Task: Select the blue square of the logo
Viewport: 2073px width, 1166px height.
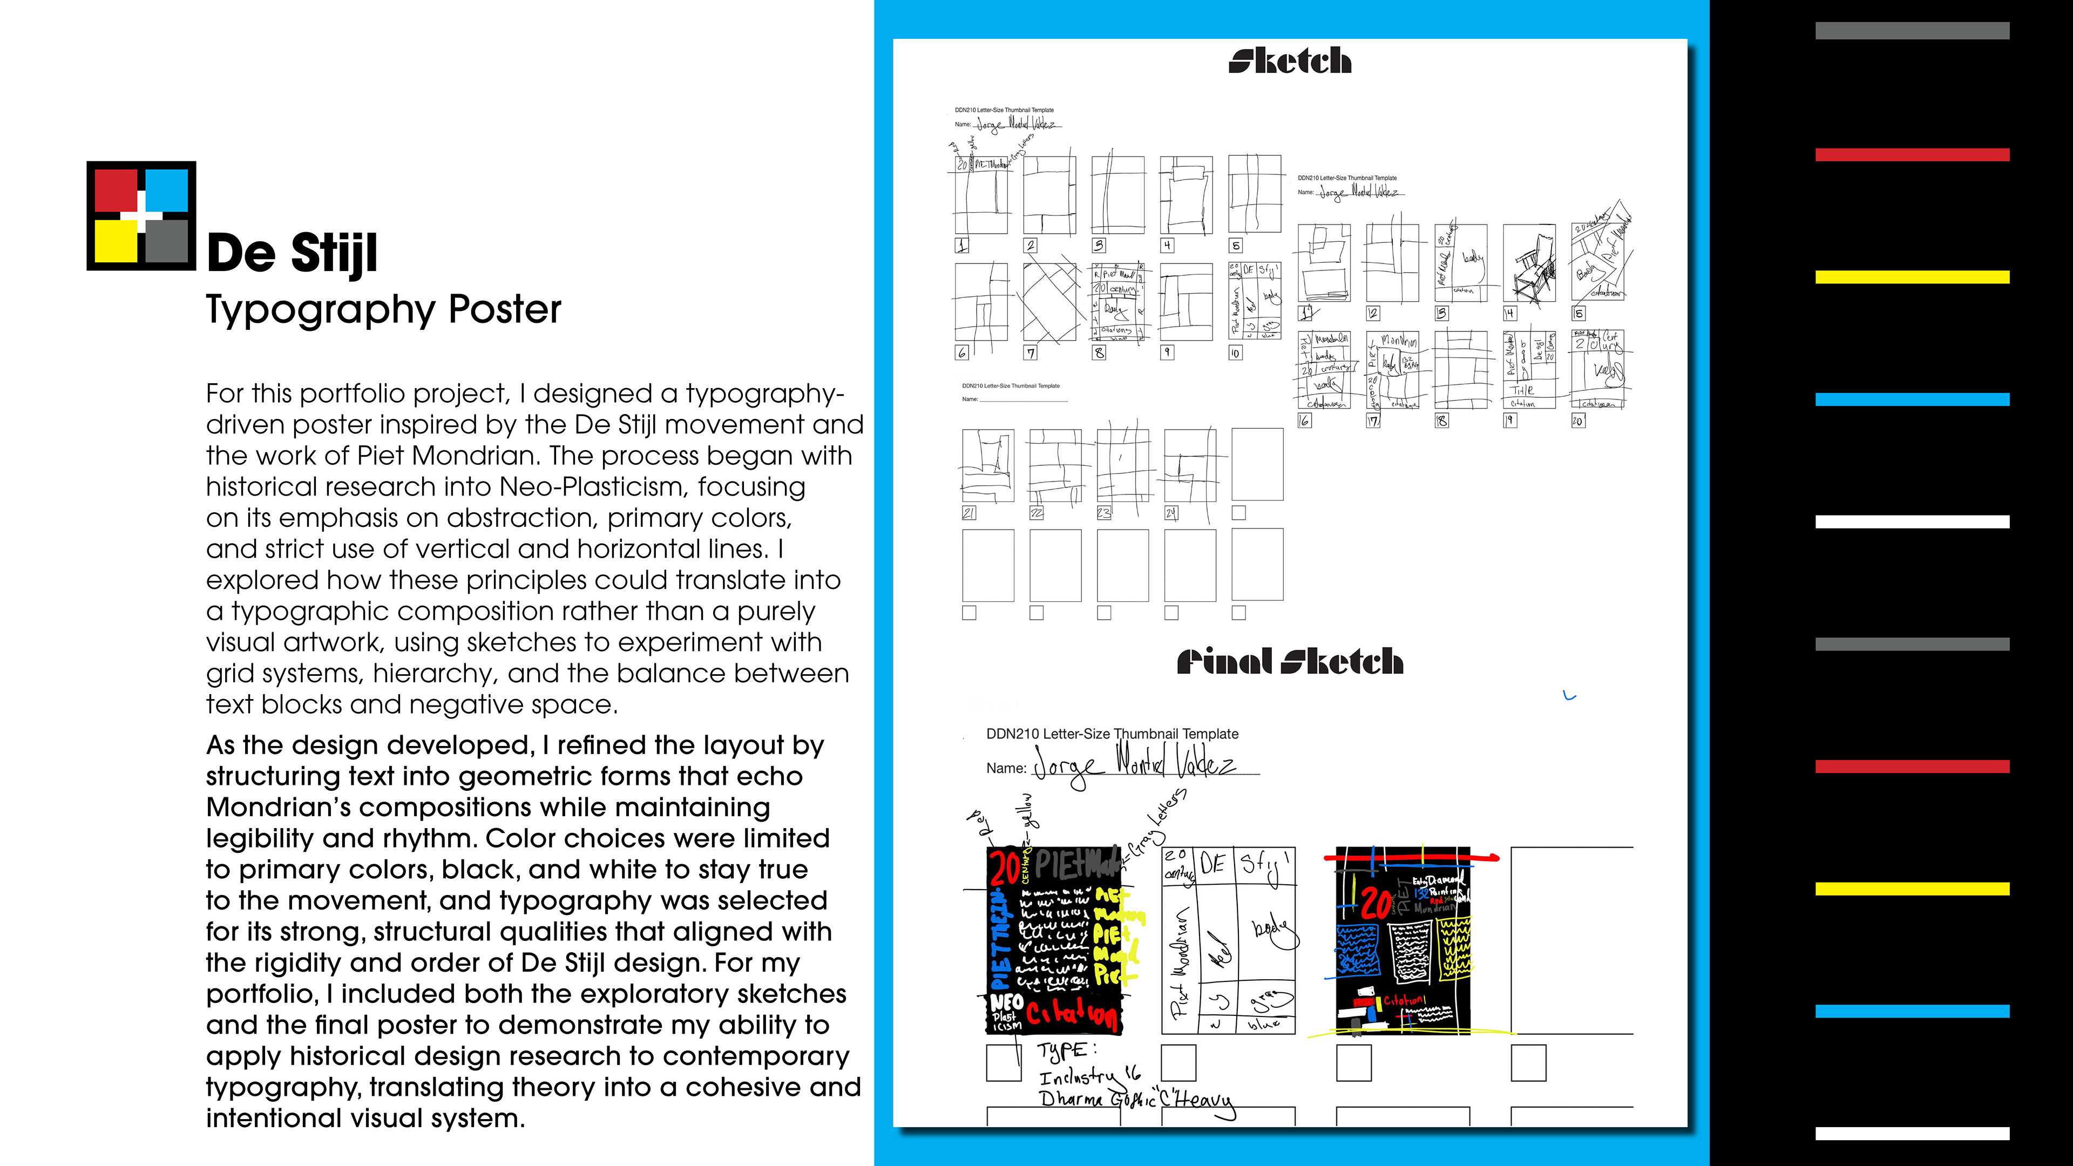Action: pos(167,190)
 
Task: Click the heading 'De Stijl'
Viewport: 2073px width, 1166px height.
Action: pos(292,254)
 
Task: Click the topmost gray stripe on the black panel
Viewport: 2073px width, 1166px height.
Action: pos(1912,31)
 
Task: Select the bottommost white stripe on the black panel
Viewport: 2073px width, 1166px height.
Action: pos(1912,1133)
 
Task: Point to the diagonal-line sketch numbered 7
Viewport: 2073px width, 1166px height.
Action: pos(1049,302)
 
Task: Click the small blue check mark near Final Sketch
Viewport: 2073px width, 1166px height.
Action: pos(1568,696)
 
